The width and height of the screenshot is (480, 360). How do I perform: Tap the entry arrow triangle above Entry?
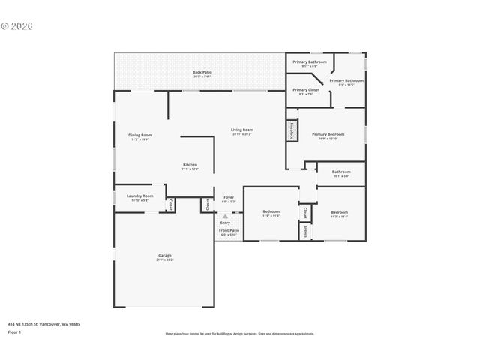(225, 216)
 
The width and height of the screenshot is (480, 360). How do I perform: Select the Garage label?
(164, 255)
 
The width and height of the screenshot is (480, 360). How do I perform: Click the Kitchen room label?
(190, 165)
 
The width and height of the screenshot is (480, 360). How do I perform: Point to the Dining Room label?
(140, 135)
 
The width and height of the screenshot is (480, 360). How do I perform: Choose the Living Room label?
(241, 130)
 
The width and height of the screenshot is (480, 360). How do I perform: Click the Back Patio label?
(202, 72)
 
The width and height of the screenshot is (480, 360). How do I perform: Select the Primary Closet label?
(306, 90)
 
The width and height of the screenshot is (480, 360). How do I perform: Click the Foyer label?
(229, 197)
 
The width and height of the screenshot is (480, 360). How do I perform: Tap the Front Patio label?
(229, 230)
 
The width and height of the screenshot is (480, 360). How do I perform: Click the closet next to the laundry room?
(170, 204)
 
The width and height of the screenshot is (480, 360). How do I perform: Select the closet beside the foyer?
(206, 204)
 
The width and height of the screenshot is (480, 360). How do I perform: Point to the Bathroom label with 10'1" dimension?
(341, 172)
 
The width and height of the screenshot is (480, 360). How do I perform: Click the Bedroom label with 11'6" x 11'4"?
(271, 212)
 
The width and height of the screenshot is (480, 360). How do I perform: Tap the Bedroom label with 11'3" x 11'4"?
(339, 212)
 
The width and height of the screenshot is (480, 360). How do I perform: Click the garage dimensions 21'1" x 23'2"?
(164, 259)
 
